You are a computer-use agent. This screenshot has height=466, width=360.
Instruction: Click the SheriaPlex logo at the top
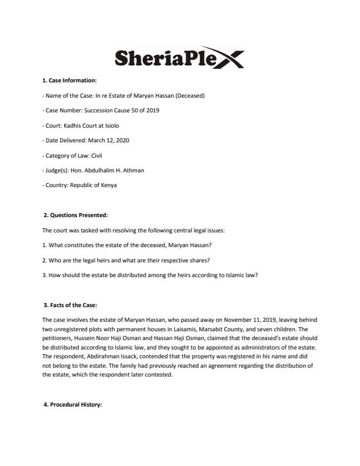[179, 58]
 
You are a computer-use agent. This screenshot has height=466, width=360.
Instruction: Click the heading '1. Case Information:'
[69, 81]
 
